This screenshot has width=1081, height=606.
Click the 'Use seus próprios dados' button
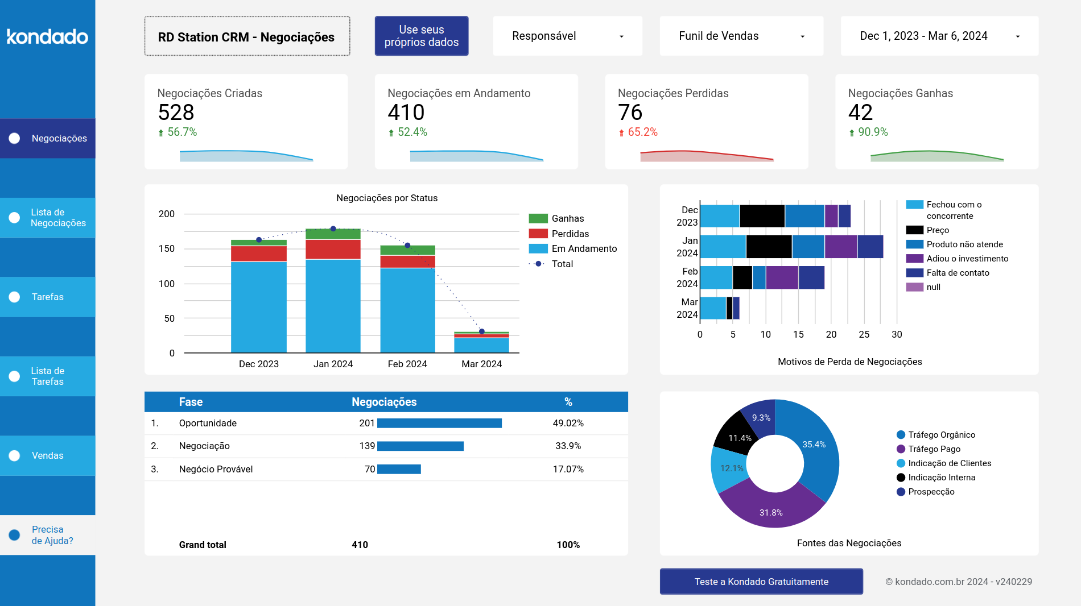[421, 36]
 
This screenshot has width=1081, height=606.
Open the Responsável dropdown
[567, 36]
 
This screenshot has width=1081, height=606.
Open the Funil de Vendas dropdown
[741, 36]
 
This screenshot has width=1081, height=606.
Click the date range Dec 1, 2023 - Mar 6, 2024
[939, 36]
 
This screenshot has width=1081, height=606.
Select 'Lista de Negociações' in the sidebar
[48, 218]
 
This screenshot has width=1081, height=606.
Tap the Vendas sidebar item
[48, 455]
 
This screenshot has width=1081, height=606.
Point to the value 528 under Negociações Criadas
[176, 113]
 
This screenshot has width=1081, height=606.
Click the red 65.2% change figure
[642, 132]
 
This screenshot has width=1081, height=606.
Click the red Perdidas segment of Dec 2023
[259, 254]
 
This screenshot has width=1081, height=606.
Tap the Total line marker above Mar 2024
[481, 331]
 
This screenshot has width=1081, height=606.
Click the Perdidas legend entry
[570, 234]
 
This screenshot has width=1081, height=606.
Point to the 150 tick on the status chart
[167, 248]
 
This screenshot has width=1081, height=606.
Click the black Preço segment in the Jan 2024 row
[769, 246]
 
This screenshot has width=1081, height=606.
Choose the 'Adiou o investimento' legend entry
[967, 259]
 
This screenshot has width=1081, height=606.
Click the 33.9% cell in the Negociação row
[568, 446]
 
